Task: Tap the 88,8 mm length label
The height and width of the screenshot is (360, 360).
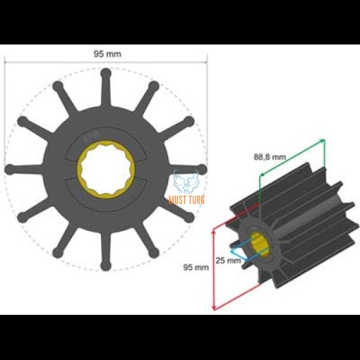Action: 270,156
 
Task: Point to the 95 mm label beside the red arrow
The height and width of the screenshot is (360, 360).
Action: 196,267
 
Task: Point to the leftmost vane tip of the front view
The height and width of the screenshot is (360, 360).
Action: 9,170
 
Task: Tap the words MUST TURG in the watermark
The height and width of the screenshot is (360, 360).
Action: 187,199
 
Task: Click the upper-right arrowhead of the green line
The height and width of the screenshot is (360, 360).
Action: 323,140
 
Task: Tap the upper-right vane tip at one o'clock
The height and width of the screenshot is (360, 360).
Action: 154,85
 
